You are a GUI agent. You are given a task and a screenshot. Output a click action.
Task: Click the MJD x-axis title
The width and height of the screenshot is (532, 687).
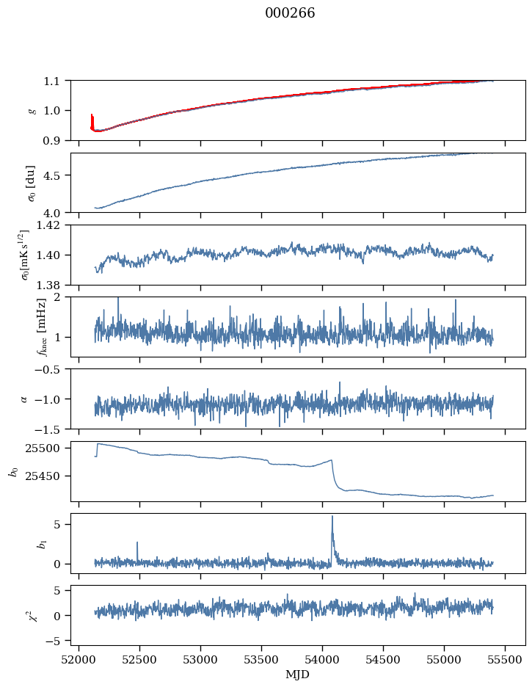click(x=298, y=674)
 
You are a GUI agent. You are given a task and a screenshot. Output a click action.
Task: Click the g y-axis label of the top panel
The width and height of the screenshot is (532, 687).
click(x=32, y=110)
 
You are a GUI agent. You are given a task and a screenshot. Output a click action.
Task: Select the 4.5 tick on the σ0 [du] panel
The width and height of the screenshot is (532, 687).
click(x=56, y=175)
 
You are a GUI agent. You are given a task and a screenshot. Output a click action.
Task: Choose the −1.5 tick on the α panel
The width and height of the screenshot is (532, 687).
click(x=51, y=429)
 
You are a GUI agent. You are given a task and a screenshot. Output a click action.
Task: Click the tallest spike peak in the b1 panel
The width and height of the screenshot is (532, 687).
click(x=332, y=516)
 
